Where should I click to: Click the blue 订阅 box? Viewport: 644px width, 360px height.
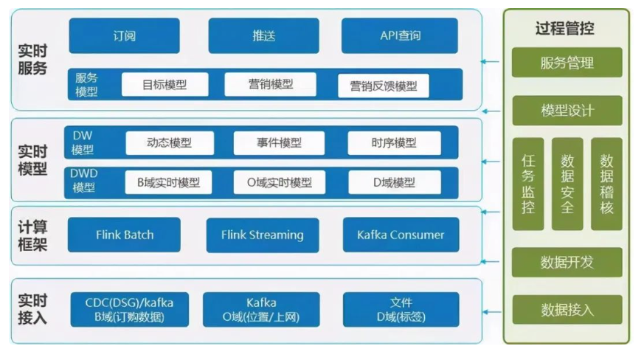[x=124, y=35]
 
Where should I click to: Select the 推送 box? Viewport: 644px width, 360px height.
[x=263, y=35]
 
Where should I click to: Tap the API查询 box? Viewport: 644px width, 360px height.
[x=400, y=35]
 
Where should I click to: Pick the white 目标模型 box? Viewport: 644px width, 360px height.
[x=165, y=85]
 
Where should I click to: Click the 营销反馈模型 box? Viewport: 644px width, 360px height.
[x=384, y=86]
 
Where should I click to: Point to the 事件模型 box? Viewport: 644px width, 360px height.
[x=279, y=143]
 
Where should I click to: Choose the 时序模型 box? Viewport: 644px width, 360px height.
[x=394, y=143]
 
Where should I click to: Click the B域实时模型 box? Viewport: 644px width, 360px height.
[x=168, y=182]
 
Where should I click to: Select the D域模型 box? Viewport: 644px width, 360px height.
[x=395, y=182]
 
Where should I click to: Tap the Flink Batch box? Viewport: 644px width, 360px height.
[x=124, y=235]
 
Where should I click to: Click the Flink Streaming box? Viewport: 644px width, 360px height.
[x=263, y=235]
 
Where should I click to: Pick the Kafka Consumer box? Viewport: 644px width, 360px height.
[x=401, y=235]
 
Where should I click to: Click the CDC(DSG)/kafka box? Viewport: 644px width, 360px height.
[x=129, y=309]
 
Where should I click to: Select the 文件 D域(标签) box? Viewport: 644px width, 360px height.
[x=401, y=309]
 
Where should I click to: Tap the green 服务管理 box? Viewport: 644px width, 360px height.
[x=567, y=63]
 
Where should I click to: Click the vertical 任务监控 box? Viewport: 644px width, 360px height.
[x=528, y=184]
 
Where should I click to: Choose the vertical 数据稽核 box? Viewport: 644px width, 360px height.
[x=606, y=184]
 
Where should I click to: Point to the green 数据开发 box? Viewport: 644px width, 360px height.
[x=567, y=262]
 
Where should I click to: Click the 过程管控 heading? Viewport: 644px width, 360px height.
[x=565, y=28]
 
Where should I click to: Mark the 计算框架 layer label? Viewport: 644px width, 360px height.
[x=32, y=235]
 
